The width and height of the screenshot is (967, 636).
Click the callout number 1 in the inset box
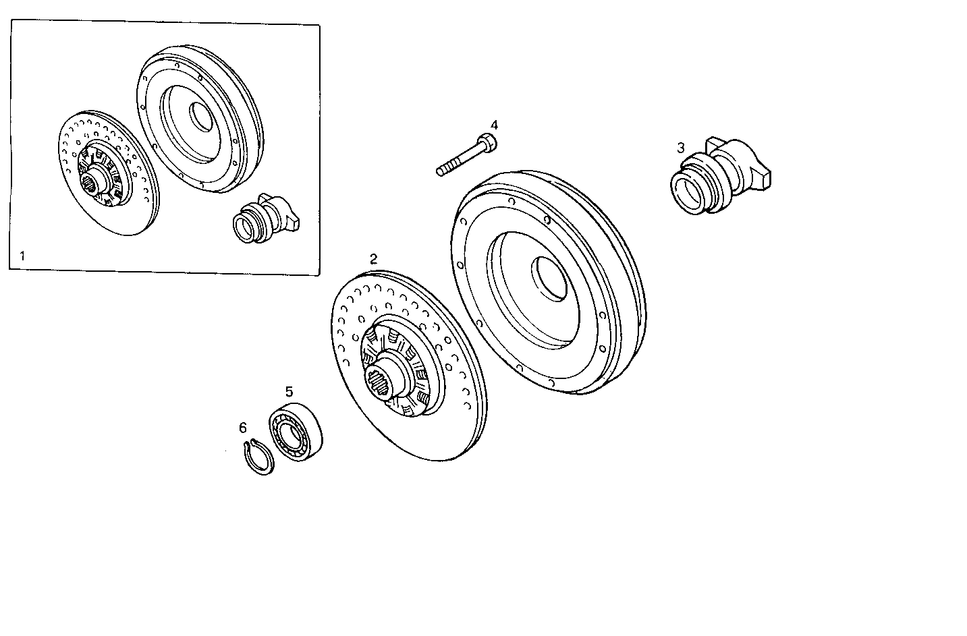click(22, 256)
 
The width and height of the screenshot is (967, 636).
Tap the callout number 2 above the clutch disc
click(373, 259)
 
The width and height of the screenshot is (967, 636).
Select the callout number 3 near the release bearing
click(681, 147)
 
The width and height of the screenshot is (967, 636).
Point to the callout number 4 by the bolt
click(494, 125)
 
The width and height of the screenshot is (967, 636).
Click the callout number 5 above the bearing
click(289, 392)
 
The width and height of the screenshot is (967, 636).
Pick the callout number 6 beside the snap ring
click(243, 428)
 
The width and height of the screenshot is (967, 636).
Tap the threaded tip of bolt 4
click(441, 171)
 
